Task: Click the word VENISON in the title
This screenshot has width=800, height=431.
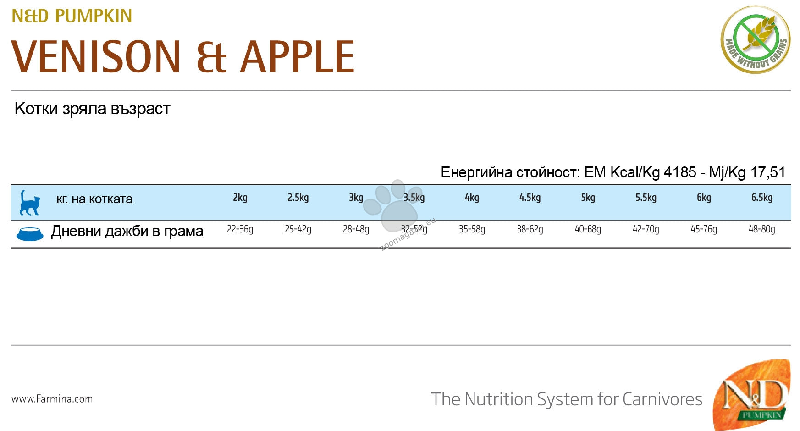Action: click(96, 56)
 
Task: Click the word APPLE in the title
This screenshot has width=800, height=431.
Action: click(298, 56)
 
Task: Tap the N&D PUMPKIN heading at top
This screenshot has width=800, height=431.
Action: click(72, 16)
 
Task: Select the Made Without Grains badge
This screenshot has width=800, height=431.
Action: click(755, 39)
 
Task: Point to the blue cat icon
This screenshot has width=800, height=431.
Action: click(29, 203)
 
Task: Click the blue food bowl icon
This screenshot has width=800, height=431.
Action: click(30, 233)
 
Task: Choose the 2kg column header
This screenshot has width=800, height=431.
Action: click(240, 198)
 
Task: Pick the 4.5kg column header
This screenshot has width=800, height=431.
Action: click(530, 198)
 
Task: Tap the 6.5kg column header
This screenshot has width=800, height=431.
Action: click(762, 198)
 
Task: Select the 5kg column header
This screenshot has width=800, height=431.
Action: click(588, 198)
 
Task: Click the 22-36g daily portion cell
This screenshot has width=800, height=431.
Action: click(240, 229)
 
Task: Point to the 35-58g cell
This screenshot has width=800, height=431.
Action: click(472, 229)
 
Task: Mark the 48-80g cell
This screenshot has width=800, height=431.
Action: click(762, 229)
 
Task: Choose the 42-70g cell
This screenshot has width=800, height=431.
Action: click(646, 229)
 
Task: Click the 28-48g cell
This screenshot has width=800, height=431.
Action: click(356, 229)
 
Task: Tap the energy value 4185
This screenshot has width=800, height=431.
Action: click(680, 172)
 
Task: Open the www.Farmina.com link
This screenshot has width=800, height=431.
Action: click(52, 399)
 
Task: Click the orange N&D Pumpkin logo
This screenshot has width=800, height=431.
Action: click(752, 394)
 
